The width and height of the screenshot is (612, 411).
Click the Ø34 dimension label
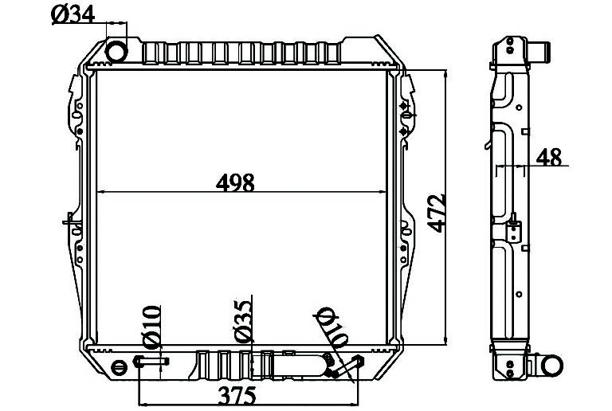tap(73, 15)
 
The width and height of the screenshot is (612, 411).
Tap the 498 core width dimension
tap(235, 182)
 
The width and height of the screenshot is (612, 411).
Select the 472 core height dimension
tap(437, 213)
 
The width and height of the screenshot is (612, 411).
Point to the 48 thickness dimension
tap(548, 157)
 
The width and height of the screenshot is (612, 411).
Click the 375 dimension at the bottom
tap(237, 396)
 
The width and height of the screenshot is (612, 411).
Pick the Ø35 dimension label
tap(243, 322)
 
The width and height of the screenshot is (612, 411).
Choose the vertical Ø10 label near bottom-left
tap(152, 327)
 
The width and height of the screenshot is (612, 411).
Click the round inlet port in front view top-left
tap(116, 51)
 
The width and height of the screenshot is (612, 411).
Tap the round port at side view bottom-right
tap(552, 366)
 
